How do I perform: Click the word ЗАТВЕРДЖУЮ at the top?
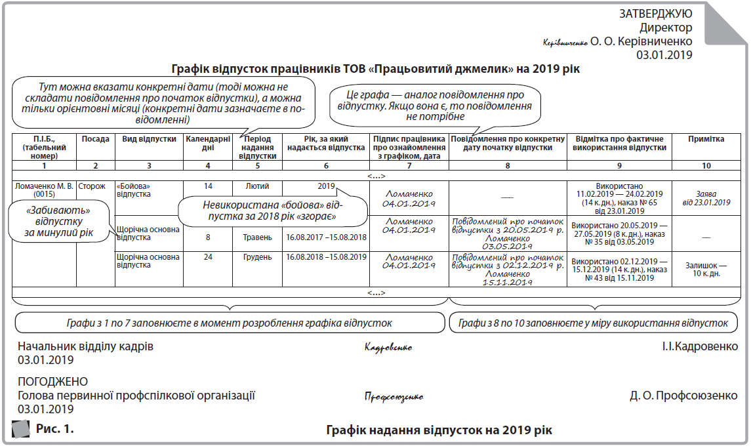(x=655, y=14)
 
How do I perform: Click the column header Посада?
(x=96, y=140)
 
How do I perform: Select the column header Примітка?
(x=706, y=140)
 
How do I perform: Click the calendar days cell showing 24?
(x=208, y=257)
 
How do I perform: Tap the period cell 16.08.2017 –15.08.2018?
(x=326, y=237)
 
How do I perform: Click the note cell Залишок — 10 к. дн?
(x=706, y=270)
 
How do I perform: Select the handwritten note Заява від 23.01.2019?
(x=706, y=198)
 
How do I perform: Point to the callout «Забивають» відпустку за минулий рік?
(x=58, y=221)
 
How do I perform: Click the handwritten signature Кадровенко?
(x=388, y=348)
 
